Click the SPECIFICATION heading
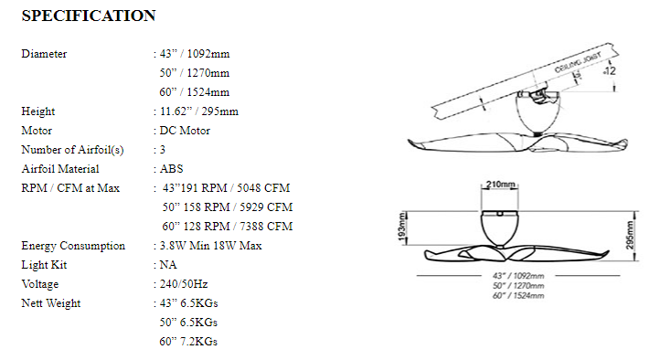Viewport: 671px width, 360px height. (x=89, y=16)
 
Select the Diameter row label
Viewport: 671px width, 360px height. (x=44, y=54)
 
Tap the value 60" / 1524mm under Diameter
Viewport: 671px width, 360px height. (x=195, y=92)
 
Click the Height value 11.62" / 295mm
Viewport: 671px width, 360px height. (x=199, y=111)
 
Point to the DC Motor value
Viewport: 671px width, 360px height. (x=185, y=131)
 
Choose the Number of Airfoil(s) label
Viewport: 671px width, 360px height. (x=72, y=150)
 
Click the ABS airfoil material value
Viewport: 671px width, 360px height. (x=171, y=169)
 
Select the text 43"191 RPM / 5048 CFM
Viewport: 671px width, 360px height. (x=226, y=188)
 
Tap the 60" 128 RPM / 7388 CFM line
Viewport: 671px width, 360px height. (x=228, y=227)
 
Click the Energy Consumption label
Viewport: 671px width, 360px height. (x=73, y=246)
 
